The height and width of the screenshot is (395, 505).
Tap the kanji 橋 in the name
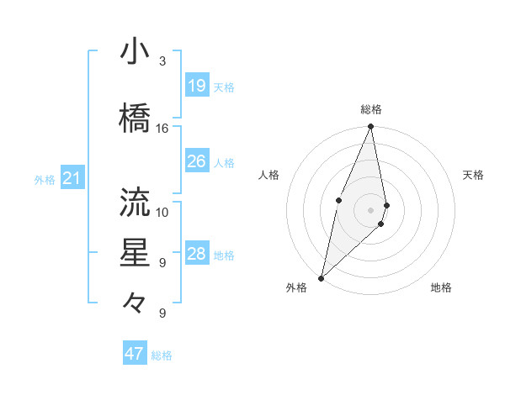[x=136, y=118]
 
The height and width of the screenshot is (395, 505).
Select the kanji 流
[x=136, y=202]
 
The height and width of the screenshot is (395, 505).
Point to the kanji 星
[x=136, y=253]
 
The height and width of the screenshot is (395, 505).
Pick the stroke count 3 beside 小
[x=162, y=61]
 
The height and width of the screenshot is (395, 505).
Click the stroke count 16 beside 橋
[x=162, y=129]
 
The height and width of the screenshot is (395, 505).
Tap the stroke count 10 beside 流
[x=162, y=211]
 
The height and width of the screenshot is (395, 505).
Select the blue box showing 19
[x=197, y=86]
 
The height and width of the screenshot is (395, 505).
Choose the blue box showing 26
[x=197, y=161]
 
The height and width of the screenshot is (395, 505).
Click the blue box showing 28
[x=197, y=254]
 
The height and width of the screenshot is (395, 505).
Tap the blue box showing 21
[x=72, y=178]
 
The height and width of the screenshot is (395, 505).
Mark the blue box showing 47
[x=135, y=354]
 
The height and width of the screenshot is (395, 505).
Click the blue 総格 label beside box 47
[x=162, y=355]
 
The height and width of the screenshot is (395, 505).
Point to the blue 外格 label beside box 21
[x=45, y=180]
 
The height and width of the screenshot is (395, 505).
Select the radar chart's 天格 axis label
[x=474, y=175]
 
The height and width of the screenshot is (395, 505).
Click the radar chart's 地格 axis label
[x=441, y=288]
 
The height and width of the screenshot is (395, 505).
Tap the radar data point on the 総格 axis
[x=370, y=126]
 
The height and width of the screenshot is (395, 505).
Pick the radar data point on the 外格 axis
[x=321, y=277]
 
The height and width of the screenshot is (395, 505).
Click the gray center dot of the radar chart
[x=370, y=209]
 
